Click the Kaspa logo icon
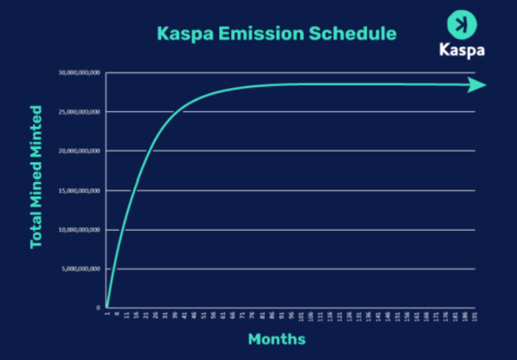(x=462, y=23)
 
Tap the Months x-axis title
(x=277, y=338)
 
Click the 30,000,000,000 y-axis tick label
(x=80, y=72)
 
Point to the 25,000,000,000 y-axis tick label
(x=80, y=112)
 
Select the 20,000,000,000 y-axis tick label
(x=80, y=151)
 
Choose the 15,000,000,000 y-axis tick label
(x=80, y=190)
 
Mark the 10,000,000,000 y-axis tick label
(x=80, y=230)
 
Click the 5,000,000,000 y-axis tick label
(x=82, y=269)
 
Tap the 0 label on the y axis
(x=98, y=307)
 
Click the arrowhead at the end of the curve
(x=477, y=84)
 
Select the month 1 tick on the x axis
(x=108, y=315)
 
